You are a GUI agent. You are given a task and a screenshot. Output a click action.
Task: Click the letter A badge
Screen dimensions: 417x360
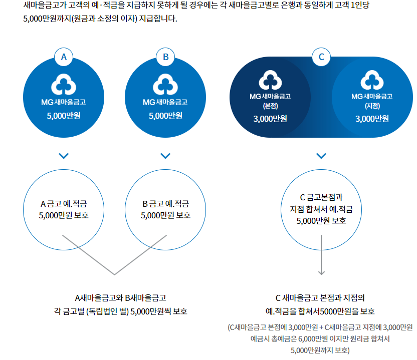click(x=64, y=57)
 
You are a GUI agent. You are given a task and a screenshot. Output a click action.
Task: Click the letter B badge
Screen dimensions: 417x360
click(x=166, y=57)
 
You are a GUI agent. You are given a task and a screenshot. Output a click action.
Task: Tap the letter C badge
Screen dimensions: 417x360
click(x=322, y=57)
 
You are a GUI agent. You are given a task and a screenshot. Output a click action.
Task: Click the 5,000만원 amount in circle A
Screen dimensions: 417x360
click(x=64, y=116)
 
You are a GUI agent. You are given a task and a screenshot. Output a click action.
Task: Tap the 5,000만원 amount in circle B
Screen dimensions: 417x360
click(x=166, y=116)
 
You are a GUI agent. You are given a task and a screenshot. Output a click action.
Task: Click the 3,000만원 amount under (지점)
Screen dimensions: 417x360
click(x=372, y=119)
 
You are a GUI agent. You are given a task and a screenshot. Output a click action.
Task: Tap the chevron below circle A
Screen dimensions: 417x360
click(x=64, y=156)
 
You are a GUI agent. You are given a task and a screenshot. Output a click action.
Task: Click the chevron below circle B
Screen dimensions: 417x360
click(x=166, y=156)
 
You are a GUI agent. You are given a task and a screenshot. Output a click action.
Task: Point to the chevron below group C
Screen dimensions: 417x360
click(x=322, y=156)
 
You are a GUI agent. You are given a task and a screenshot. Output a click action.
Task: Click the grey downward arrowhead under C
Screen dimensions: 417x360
click(x=322, y=272)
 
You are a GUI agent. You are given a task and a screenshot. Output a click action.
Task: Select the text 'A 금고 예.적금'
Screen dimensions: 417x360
click(x=64, y=204)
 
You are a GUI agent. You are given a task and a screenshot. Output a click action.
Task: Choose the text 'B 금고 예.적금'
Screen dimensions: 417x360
click(x=166, y=204)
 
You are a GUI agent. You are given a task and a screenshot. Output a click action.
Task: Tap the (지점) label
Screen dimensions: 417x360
click(x=372, y=106)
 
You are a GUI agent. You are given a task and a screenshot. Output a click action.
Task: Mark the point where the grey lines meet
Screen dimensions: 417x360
click(x=115, y=274)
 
